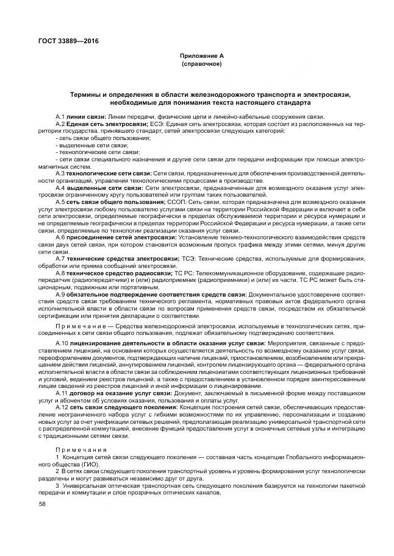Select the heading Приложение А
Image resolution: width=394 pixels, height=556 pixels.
[201, 55]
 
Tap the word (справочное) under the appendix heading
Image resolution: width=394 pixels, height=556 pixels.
[201, 63]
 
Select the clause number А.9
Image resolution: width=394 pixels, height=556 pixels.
[60, 295]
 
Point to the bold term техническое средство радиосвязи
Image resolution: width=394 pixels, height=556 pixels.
[116, 274]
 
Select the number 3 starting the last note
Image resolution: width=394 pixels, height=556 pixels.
[57, 485]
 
